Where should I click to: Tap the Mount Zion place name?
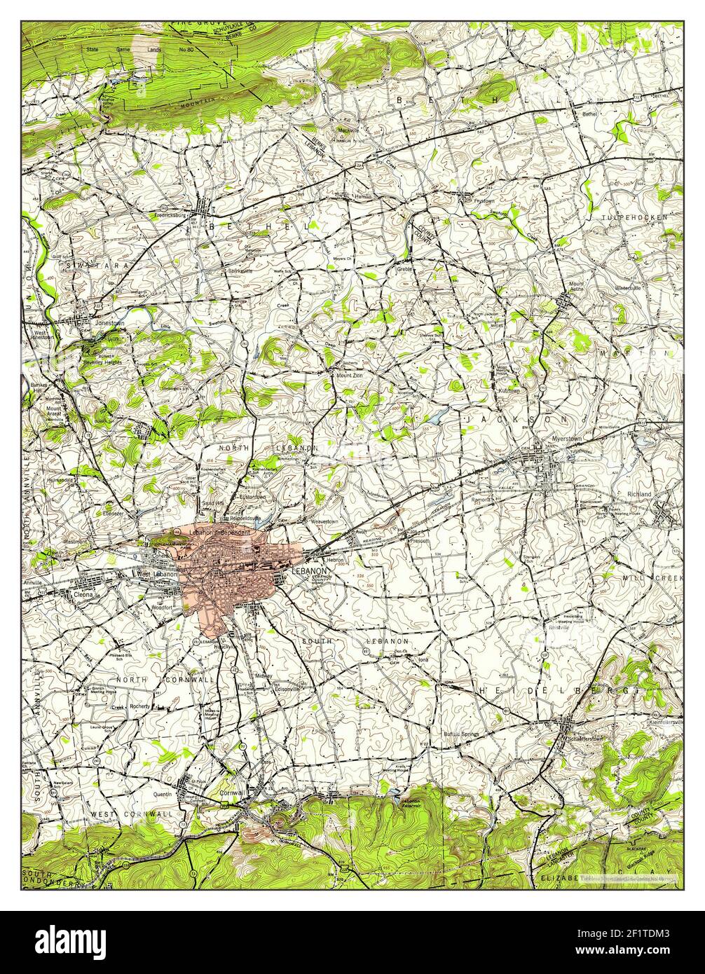pos(350,375)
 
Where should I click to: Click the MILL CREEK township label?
pos(652,578)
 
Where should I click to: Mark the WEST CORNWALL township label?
pos(132,814)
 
